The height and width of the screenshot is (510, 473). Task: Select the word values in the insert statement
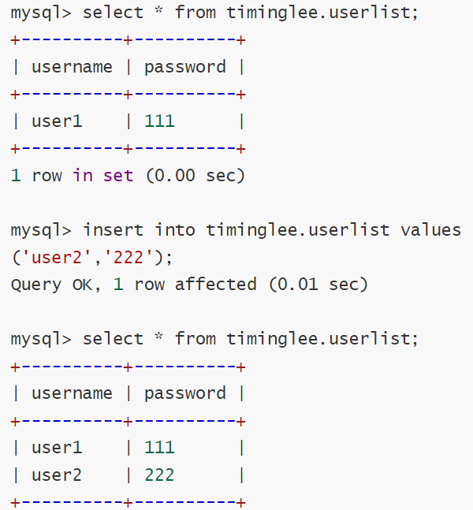(x=431, y=230)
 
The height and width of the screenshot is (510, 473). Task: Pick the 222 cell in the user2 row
(x=159, y=475)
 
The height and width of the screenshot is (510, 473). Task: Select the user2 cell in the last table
(x=57, y=475)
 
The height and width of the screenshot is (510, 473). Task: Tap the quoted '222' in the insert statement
(x=123, y=258)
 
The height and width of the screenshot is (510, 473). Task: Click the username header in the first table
(x=72, y=67)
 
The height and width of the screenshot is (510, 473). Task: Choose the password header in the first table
(x=184, y=67)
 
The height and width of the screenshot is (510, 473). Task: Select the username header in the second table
(x=72, y=393)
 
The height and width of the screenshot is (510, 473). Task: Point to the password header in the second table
(x=184, y=393)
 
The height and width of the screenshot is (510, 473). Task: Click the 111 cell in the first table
(x=159, y=121)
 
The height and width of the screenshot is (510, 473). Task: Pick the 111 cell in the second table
(x=159, y=448)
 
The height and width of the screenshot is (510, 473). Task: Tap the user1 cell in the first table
(x=57, y=121)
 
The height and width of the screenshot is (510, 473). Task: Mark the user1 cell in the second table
(x=57, y=448)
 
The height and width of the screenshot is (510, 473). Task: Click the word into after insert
(x=174, y=230)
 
